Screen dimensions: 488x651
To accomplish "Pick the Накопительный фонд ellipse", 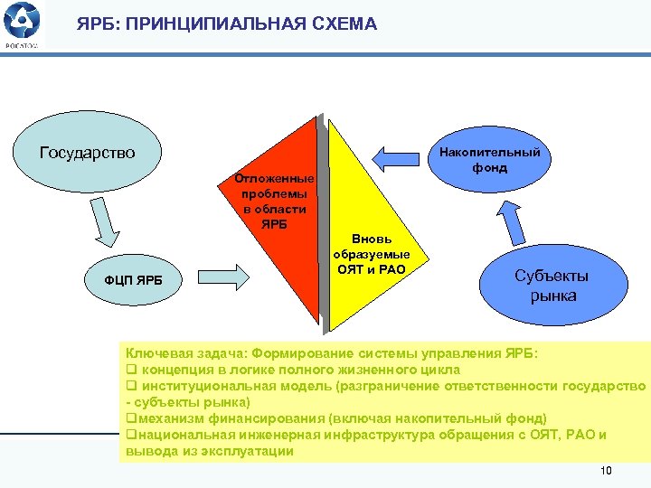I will [490, 159].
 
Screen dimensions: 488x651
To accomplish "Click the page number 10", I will [606, 471].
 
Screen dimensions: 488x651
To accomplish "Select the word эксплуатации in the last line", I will [245, 450].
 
